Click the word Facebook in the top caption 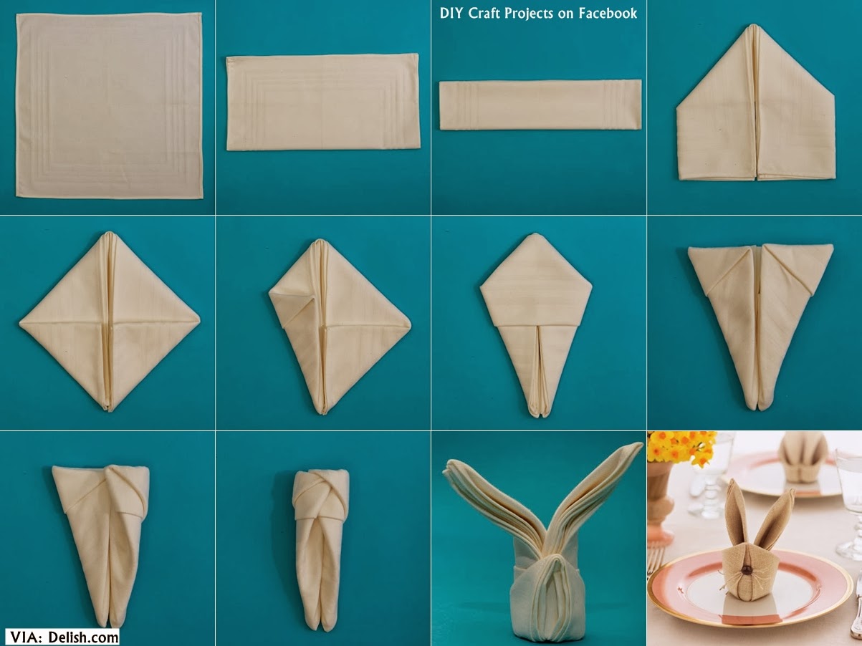click(x=608, y=14)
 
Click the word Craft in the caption click(x=484, y=14)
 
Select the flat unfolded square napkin click(x=109, y=105)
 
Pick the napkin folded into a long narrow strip click(x=540, y=105)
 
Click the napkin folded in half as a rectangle click(x=322, y=102)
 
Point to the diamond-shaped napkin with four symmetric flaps click(x=109, y=322)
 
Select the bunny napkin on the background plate click(x=803, y=458)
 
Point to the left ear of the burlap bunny click(x=734, y=512)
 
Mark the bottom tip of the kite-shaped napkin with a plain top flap click(x=538, y=414)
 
